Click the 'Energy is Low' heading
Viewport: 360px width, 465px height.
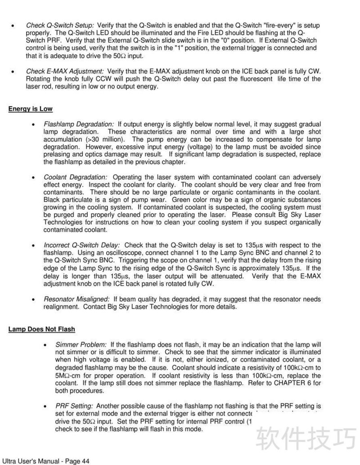tap(30, 109)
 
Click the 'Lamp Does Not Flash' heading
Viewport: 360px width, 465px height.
tap(41, 329)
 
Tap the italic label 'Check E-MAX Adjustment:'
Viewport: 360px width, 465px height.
tap(65, 72)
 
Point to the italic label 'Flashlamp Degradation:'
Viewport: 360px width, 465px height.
tap(79, 124)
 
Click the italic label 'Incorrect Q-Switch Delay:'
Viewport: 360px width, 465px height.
tap(82, 245)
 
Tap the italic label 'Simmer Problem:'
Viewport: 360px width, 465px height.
tap(81, 344)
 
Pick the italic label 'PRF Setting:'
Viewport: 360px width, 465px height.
tap(74, 406)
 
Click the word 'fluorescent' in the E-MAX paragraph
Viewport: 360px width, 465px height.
tap(252, 79)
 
